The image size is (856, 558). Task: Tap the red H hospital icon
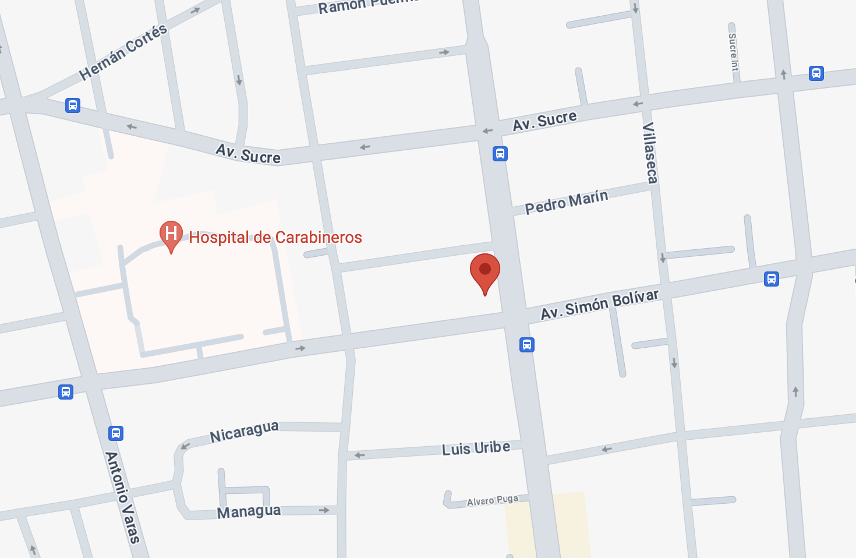(171, 235)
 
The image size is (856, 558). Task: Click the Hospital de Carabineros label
(275, 237)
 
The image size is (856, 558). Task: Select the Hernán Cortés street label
(123, 52)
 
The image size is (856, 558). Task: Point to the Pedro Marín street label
(566, 202)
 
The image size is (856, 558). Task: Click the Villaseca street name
(650, 153)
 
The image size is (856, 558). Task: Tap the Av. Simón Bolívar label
(600, 304)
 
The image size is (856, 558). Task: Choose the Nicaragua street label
(244, 432)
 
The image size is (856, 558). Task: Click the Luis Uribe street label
(476, 448)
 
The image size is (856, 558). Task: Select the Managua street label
(249, 512)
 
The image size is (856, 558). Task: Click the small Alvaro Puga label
(492, 500)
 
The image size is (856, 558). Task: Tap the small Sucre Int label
(733, 52)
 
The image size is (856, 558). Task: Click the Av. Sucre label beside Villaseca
(544, 121)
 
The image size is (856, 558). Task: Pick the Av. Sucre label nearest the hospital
(248, 154)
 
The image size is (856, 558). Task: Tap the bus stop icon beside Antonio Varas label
(116, 433)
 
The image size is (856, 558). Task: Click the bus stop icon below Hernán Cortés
(73, 105)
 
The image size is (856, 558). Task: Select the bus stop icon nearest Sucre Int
(816, 73)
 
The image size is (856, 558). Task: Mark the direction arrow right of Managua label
(324, 510)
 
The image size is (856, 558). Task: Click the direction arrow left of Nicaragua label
(185, 446)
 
